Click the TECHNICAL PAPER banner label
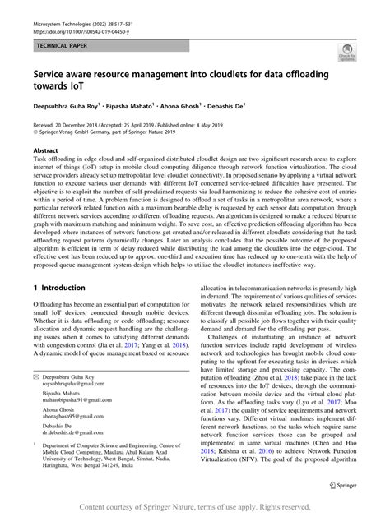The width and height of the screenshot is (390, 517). [62, 47]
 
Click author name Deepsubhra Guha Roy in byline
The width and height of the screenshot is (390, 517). [65, 107]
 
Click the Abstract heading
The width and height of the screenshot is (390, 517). [44, 153]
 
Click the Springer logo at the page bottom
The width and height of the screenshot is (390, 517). [342, 485]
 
